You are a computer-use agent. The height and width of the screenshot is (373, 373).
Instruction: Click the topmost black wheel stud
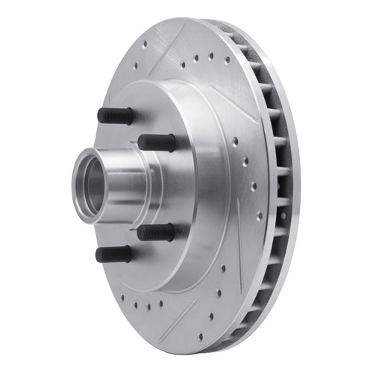(x=116, y=116)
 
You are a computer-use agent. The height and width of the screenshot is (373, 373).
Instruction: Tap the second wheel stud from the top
(x=157, y=142)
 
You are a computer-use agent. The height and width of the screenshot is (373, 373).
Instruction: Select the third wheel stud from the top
(x=156, y=232)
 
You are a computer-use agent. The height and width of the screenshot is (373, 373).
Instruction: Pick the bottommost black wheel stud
(x=113, y=254)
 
